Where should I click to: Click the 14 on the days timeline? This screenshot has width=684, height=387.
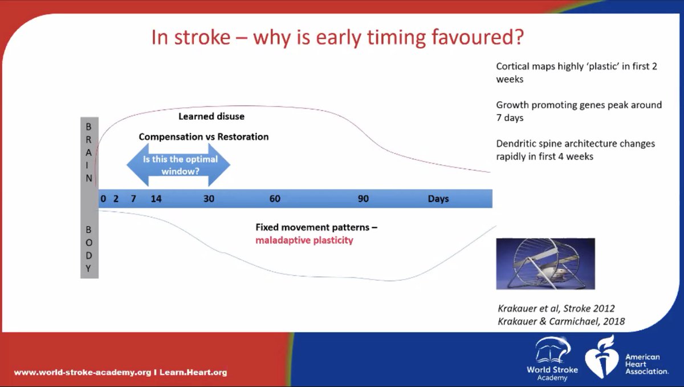(156, 199)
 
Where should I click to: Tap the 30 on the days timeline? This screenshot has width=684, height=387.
(209, 199)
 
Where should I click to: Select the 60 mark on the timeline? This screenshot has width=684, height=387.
(275, 199)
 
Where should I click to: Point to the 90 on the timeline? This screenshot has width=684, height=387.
(364, 199)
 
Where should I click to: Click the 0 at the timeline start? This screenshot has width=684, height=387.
(103, 199)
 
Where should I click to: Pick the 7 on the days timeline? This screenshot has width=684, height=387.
(133, 199)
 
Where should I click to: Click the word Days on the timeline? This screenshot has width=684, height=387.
(438, 199)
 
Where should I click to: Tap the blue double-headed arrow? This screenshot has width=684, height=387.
(178, 165)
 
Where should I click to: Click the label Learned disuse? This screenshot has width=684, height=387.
(211, 116)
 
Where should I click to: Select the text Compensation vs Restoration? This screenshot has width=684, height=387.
(203, 136)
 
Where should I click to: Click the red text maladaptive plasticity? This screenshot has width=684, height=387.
(304, 240)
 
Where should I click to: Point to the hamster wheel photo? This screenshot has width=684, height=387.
(545, 264)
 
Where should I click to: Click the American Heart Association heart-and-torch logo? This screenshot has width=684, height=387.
(602, 357)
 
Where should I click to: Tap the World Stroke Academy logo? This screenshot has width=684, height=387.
(552, 358)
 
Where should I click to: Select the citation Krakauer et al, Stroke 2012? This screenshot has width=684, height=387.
(556, 308)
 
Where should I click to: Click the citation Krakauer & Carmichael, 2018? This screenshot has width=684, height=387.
(561, 321)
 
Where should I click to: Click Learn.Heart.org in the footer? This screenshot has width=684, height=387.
(193, 372)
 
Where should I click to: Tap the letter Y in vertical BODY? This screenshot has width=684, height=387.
(88, 268)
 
